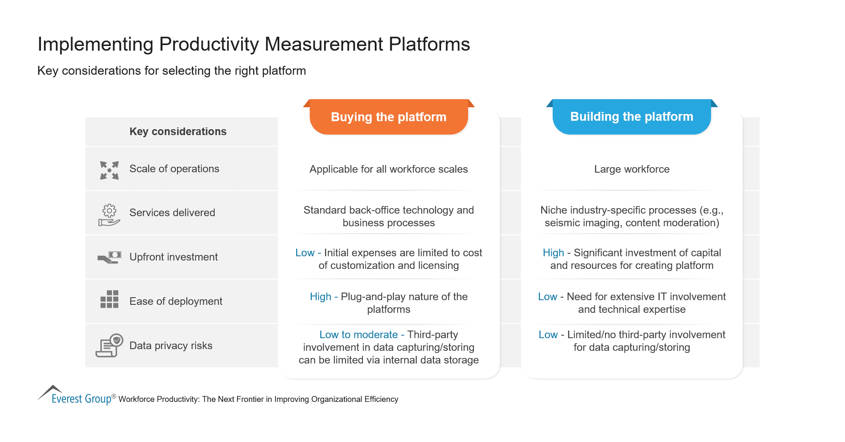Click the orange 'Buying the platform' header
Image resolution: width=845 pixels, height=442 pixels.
pos(388,117)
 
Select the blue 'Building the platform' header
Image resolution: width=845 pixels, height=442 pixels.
pos(631,117)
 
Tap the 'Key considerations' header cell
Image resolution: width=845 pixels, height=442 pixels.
pos(178,132)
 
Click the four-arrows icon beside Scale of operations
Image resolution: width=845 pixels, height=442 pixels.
pos(109,170)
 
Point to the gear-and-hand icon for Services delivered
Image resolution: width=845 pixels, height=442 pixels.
pos(109,215)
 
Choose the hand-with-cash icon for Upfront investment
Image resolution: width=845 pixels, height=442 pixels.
pos(109,257)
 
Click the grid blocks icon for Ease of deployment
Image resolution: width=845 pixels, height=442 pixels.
pos(109,299)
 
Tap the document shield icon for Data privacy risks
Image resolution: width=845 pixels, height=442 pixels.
pos(109,345)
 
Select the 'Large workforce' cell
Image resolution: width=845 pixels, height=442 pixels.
pos(631,169)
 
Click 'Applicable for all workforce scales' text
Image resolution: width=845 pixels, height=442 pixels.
pos(388,169)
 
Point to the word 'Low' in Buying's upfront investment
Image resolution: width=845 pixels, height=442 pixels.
pos(305,253)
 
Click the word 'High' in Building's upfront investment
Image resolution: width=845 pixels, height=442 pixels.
pos(553,253)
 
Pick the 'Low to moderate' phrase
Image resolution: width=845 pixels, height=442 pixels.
pos(358,335)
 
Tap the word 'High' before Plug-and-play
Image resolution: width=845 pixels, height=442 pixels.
pos(320,297)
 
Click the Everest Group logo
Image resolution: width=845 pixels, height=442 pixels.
pos(76,396)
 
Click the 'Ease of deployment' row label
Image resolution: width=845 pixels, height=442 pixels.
pos(175,301)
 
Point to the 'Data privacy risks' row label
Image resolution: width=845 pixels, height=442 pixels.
pos(171,346)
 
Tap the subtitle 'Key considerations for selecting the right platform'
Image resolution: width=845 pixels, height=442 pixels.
pos(172,71)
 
